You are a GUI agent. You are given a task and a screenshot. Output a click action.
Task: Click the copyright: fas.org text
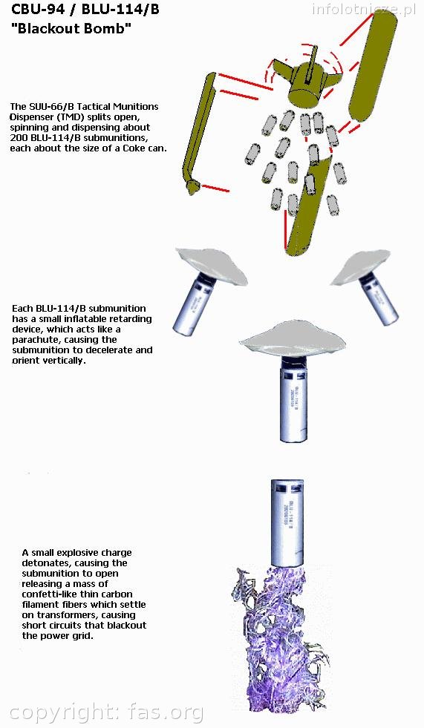[106, 713]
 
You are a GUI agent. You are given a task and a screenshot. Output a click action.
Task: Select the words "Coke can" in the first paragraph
[145, 148]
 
